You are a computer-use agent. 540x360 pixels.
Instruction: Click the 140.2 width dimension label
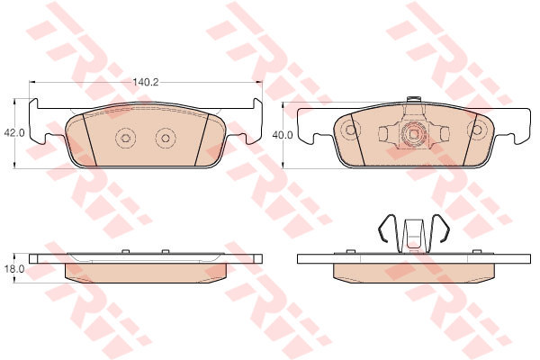pos(146,82)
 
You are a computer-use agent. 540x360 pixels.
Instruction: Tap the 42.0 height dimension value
pos(14,133)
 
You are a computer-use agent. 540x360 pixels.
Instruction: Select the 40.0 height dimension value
pos(283,135)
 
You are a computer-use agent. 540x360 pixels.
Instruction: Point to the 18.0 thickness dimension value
pos(14,269)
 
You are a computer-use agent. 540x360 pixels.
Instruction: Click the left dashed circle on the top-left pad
pos(125,138)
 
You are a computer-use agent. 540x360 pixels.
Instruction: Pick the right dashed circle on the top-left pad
pos(166,138)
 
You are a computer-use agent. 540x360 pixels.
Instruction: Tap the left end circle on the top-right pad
pos(351,130)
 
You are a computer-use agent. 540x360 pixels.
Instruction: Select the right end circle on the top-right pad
pos(477,130)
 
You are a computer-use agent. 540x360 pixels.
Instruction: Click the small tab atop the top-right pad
pos(414,99)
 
